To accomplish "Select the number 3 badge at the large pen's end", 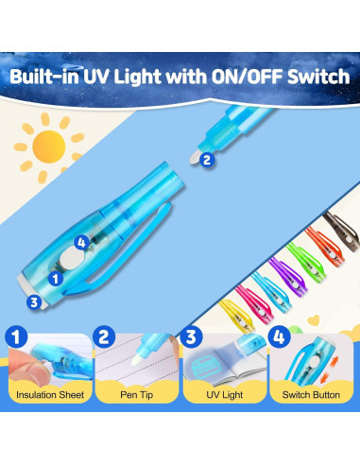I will tap(35, 301).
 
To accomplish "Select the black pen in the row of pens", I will tap(336, 232).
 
